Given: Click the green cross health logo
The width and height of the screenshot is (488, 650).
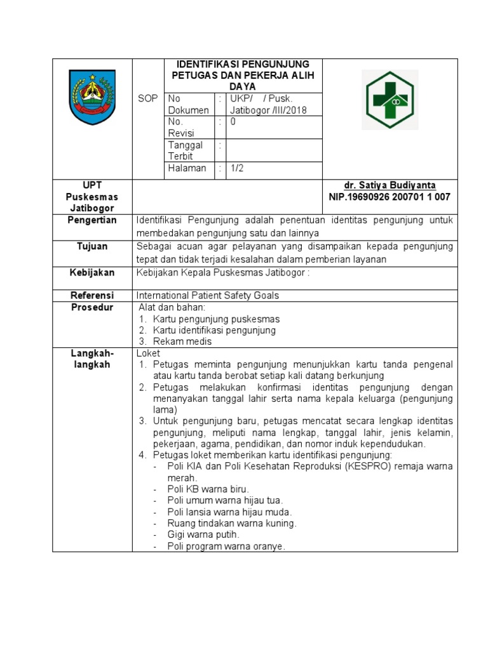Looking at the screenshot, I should (390, 100).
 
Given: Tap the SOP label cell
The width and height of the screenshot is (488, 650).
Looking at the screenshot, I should (147, 98).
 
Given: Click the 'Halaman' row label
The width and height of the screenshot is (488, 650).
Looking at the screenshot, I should (187, 168).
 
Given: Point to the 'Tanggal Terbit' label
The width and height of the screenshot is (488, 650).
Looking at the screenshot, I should (185, 150).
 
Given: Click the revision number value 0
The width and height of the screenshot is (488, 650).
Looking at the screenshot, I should (233, 121).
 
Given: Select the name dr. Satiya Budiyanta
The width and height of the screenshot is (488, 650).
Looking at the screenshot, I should (390, 185).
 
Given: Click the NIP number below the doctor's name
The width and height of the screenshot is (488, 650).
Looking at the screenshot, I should (390, 197).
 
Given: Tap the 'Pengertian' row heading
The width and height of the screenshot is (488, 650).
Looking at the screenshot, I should (93, 220).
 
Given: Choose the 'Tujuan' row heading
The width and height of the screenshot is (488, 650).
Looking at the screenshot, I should (93, 246).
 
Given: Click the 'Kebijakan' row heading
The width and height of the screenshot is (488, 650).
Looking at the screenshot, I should (93, 272).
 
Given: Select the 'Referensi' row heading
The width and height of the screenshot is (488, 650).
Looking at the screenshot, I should (93, 295).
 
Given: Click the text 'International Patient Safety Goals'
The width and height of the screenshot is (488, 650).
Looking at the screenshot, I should (208, 295).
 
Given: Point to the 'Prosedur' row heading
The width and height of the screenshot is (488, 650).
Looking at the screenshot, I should (93, 307).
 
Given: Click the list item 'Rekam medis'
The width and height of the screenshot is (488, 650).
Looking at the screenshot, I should (182, 342).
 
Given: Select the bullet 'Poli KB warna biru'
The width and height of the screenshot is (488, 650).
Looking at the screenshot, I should (208, 489).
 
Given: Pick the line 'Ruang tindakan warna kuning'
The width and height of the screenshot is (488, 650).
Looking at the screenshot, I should (231, 524).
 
